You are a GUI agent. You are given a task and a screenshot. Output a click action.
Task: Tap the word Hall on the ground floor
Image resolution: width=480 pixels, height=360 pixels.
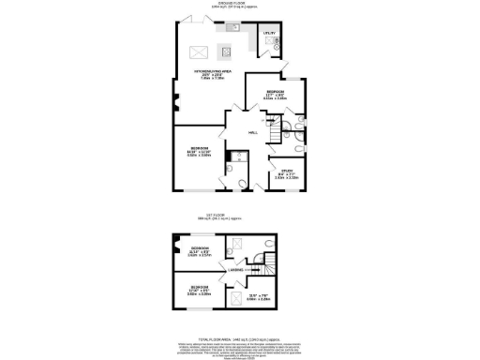click(x=253, y=132)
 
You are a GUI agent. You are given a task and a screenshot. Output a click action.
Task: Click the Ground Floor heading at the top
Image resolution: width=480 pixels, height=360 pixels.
click(x=238, y=4)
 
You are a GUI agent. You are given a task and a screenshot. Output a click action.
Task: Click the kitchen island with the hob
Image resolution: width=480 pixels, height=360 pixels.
click(x=226, y=51)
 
